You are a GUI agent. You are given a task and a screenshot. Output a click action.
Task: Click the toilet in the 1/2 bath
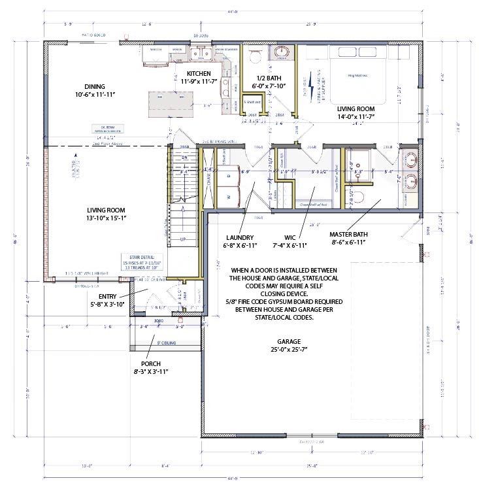click(256, 57)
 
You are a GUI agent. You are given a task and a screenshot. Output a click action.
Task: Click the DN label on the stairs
click(184, 158)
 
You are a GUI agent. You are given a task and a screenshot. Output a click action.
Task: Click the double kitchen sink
click(197, 52)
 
